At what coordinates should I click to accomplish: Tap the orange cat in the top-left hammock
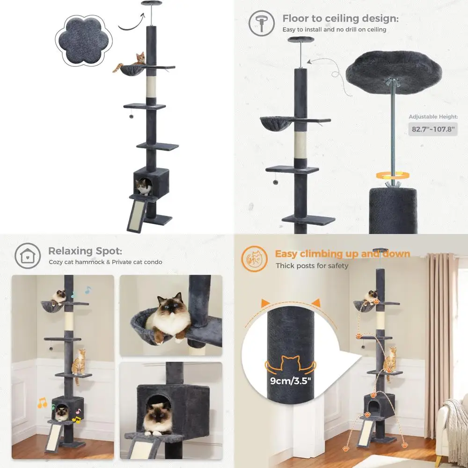(x=139, y=59)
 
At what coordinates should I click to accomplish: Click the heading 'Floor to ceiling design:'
(x=340, y=19)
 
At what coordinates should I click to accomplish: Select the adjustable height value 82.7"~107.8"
(x=432, y=129)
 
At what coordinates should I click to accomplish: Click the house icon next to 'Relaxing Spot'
(x=28, y=256)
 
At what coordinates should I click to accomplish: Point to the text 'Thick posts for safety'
(x=312, y=266)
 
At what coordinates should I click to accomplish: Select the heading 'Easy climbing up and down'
(x=342, y=254)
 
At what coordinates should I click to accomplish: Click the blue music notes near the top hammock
(x=80, y=293)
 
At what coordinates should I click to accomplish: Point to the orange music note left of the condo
(x=42, y=402)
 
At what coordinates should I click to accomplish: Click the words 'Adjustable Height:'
(x=432, y=117)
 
